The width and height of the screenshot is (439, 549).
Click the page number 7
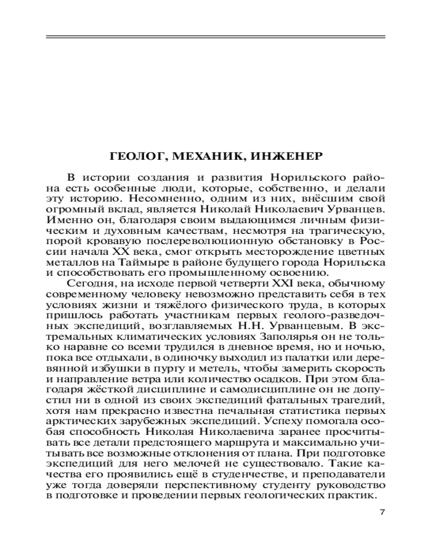(x=382, y=512)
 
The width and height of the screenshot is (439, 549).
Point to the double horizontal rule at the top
(x=216, y=37)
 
